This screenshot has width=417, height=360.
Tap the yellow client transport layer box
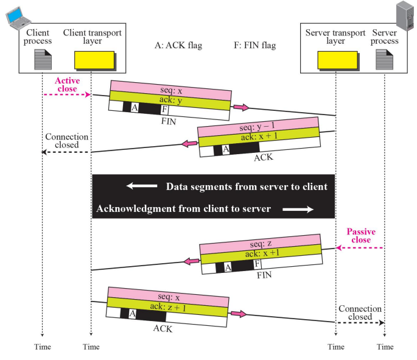pos(94,60)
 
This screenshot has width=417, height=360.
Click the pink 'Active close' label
pos(68,85)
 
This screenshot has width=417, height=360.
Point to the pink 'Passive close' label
pos(361,236)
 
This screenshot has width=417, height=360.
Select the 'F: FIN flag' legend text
pos(255,45)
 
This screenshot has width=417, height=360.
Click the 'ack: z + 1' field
pos(167,308)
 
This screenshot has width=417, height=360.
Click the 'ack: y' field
pos(170,101)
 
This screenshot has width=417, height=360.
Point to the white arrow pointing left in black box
pos(139,186)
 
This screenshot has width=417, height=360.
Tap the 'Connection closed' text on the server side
pos(360,313)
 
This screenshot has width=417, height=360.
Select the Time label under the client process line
pos(42,347)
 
